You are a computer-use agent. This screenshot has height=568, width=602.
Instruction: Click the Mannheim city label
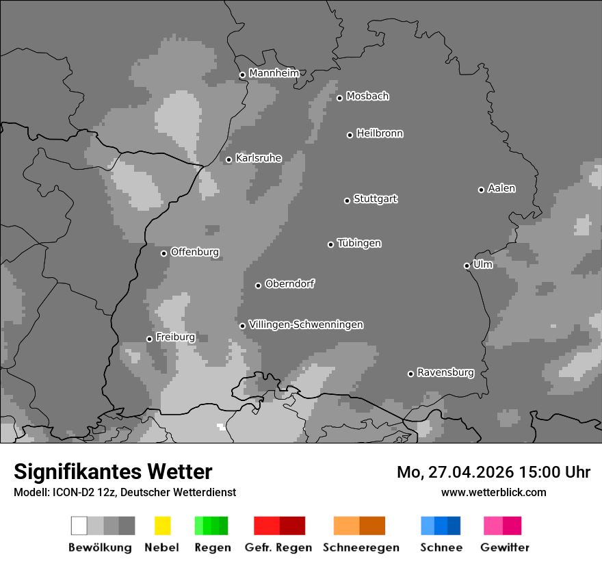tap(274, 73)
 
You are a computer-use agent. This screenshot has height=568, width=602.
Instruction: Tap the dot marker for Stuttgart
tap(347, 201)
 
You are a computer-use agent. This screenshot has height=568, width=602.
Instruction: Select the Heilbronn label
tap(380, 133)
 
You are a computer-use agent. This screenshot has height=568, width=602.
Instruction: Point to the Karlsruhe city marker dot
tap(229, 160)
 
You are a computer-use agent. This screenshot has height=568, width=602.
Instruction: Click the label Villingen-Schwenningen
tap(306, 324)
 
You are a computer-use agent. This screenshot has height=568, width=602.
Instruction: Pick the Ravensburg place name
tap(445, 372)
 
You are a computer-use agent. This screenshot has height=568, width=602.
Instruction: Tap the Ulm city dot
tap(467, 266)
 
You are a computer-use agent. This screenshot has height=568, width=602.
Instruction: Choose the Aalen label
tap(501, 188)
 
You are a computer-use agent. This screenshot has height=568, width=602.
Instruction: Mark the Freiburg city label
tap(175, 337)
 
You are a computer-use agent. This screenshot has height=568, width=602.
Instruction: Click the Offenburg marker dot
tap(163, 253)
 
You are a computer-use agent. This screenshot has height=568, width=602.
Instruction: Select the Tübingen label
tap(359, 243)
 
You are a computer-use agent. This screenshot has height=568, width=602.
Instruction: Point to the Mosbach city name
tap(367, 96)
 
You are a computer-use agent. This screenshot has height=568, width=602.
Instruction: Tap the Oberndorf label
tap(289, 284)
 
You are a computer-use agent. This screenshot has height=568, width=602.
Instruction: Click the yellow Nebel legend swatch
tap(162, 526)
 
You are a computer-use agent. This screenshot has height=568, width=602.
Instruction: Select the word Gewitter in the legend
tap(504, 547)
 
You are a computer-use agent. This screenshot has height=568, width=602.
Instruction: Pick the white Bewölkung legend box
tap(79, 526)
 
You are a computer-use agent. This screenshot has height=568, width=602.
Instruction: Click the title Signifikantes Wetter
tap(113, 472)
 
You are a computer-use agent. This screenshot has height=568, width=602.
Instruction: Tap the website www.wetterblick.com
tap(493, 492)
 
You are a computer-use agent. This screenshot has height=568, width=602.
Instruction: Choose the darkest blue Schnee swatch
tap(454, 526)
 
